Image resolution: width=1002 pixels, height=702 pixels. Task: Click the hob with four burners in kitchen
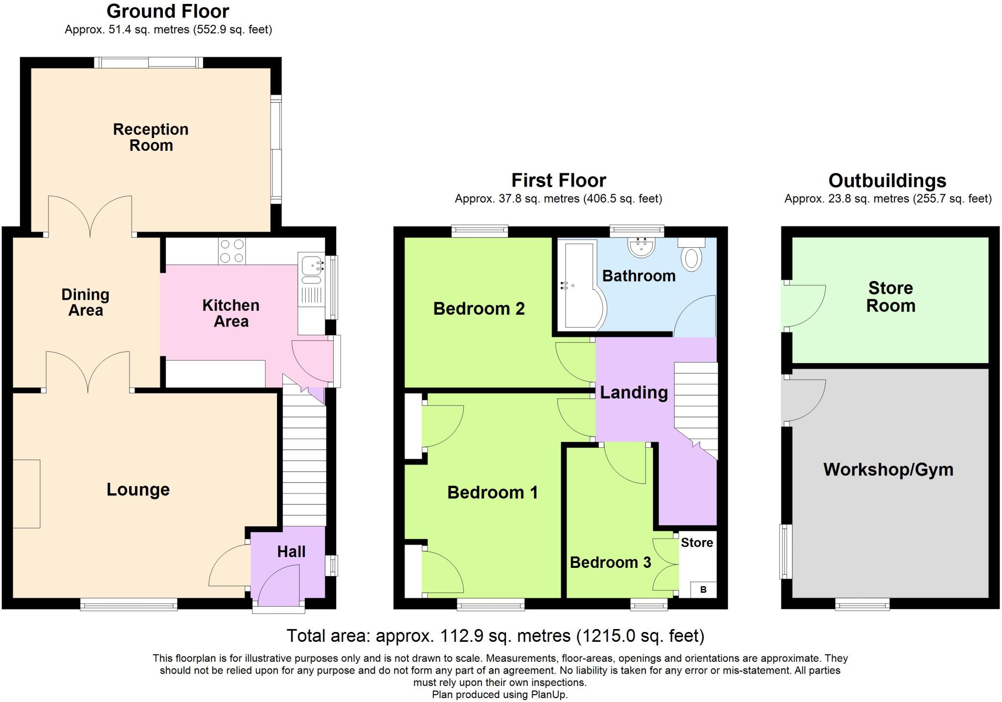[x=232, y=251]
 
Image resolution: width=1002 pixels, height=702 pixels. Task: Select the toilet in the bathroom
[x=692, y=257]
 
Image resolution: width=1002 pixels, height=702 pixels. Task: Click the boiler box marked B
[x=703, y=589]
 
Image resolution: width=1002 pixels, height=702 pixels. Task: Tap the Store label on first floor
[x=697, y=542]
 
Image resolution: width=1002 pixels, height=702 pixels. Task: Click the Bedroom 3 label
[x=610, y=562]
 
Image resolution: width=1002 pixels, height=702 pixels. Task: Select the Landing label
[x=634, y=393]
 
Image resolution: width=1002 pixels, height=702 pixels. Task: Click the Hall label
[x=291, y=552]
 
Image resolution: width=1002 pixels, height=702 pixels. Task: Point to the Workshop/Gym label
[x=888, y=469]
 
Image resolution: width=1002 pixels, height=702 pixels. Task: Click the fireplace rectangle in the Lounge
[x=26, y=493]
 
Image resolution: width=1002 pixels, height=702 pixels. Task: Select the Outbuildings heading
[x=887, y=181]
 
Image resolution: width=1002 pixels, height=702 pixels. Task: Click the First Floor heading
[x=558, y=181]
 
